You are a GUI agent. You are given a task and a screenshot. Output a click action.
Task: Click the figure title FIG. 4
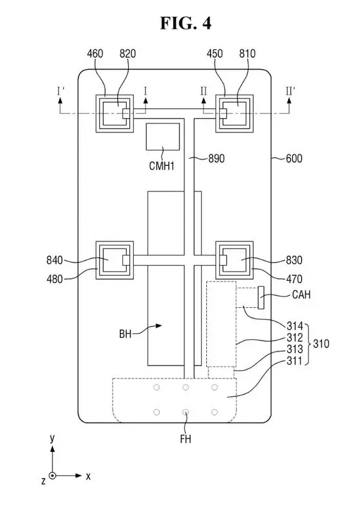pyautogui.click(x=186, y=23)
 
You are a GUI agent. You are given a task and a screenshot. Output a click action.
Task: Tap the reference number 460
pyautogui.click(x=95, y=54)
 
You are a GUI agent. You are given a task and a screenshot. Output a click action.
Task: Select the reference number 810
pyautogui.click(x=247, y=54)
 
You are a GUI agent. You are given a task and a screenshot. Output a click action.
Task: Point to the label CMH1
pyautogui.click(x=161, y=166)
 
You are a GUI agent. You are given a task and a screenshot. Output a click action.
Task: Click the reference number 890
pyautogui.click(x=217, y=159)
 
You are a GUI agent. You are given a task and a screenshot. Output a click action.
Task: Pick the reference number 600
pyautogui.click(x=294, y=159)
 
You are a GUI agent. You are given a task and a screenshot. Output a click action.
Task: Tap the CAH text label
pyautogui.click(x=301, y=294)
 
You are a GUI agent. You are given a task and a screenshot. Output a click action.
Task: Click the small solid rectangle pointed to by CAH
pyautogui.click(x=261, y=298)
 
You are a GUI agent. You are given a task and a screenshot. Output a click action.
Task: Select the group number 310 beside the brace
pyautogui.click(x=321, y=344)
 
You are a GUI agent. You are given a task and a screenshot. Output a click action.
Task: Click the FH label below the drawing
pyautogui.click(x=186, y=439)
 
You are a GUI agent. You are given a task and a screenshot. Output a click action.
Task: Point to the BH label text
pyautogui.click(x=126, y=334)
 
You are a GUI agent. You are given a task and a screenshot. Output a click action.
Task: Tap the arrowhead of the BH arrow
pyautogui.click(x=158, y=326)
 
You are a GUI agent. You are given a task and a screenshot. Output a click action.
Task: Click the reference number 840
pyautogui.click(x=54, y=261)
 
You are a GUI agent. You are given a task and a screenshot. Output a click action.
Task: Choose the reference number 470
pyautogui.click(x=294, y=278)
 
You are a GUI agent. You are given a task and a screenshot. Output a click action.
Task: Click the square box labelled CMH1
pyautogui.click(x=163, y=136)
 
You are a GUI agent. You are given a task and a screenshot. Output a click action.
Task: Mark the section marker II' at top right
pyautogui.click(x=290, y=92)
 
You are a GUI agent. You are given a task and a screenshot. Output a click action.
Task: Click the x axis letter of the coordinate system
pyautogui.click(x=88, y=476)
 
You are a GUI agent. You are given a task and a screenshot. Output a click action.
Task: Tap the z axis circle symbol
pyautogui.click(x=52, y=476)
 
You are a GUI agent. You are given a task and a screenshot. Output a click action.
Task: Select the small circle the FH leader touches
pyautogui.click(x=186, y=412)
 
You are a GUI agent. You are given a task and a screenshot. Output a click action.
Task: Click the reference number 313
pyautogui.click(x=295, y=350)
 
